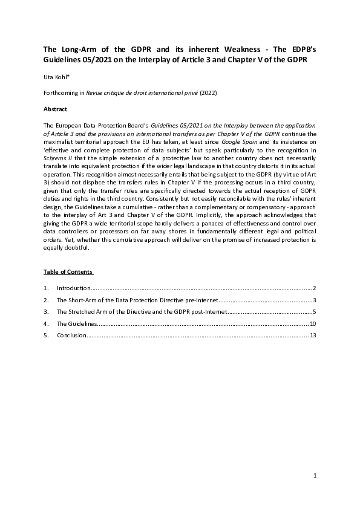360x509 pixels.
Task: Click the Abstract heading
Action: pyautogui.click(x=55, y=109)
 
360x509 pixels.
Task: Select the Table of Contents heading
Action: pyautogui.click(x=68, y=271)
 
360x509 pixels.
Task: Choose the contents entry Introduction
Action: pyautogui.click(x=73, y=288)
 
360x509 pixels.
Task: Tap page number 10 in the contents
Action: pyautogui.click(x=313, y=324)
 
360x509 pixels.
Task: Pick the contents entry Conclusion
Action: pyautogui.click(x=72, y=336)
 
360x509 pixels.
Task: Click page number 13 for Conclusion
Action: pyautogui.click(x=313, y=336)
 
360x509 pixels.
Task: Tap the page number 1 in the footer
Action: pyautogui.click(x=315, y=476)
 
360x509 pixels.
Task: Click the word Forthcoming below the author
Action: pyautogui.click(x=63, y=93)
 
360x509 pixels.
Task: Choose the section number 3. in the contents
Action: pyautogui.click(x=46, y=313)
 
